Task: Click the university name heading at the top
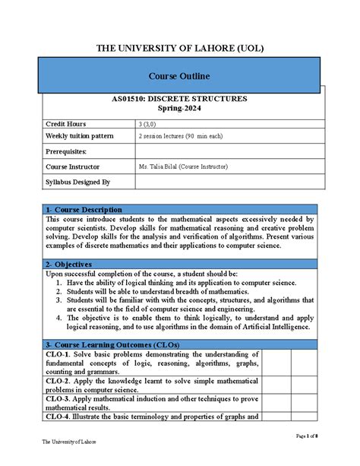point(179,48)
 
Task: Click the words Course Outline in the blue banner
point(179,77)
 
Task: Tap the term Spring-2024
point(179,110)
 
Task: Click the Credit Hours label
point(66,124)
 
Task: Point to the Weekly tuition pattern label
point(80,136)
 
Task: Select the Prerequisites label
point(66,151)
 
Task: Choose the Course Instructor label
point(74,166)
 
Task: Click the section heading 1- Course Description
point(84,210)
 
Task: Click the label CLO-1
point(58,354)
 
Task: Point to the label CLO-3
point(58,398)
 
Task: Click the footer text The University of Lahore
point(69,442)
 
